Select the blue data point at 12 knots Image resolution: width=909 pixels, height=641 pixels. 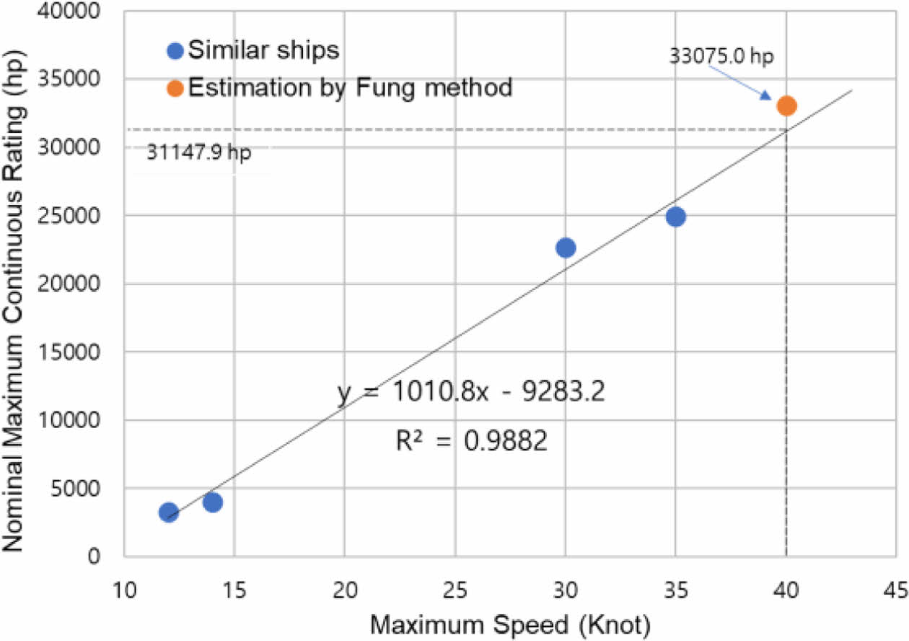[169, 512]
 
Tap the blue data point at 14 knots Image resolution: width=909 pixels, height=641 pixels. [213, 502]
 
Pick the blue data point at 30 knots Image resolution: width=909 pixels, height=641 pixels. [566, 248]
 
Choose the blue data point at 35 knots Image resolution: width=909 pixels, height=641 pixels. [676, 217]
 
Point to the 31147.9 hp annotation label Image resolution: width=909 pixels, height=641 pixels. [199, 153]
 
